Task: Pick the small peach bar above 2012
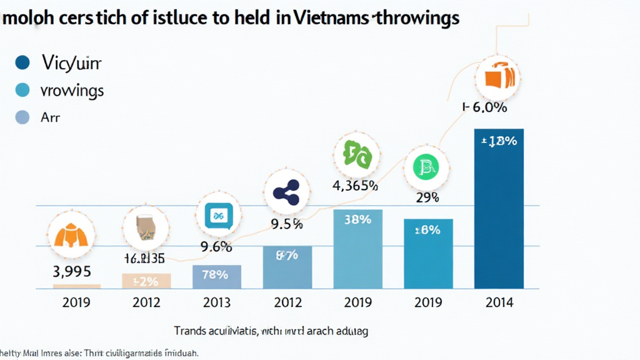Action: point(146,281)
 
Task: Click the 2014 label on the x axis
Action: point(499,303)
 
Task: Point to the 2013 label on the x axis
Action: point(216,303)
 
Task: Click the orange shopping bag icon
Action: point(497,78)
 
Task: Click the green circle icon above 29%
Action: point(427,167)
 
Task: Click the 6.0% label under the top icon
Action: point(485,107)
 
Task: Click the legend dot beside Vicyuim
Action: point(22,62)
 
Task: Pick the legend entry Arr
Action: point(50,117)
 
